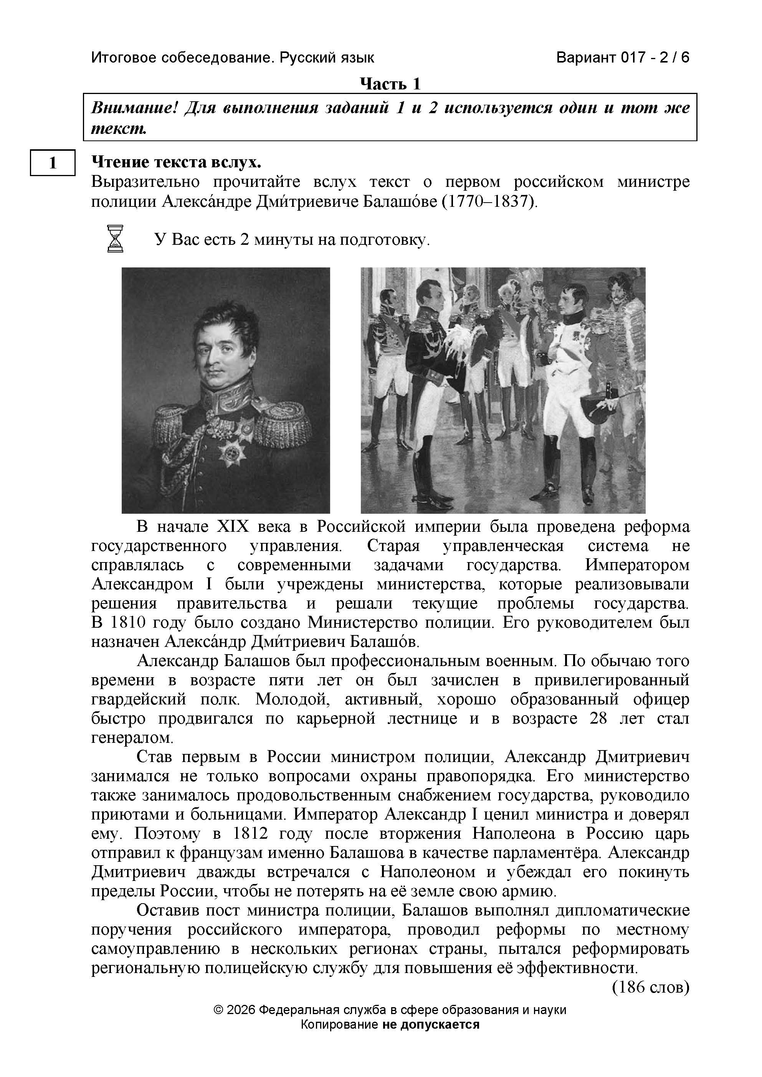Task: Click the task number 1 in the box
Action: [53, 162]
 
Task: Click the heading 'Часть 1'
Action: [390, 84]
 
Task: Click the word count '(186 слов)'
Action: [650, 987]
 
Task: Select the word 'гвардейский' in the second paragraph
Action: [139, 699]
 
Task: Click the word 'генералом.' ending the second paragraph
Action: [132, 738]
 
